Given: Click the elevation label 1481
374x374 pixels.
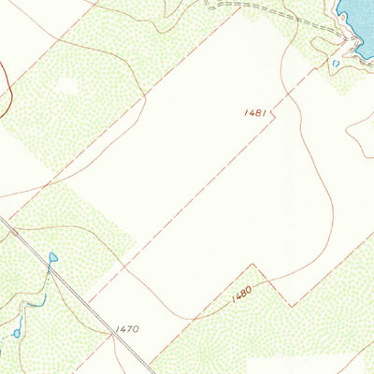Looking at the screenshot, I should coord(255,112).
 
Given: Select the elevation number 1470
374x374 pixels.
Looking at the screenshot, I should coord(128,329).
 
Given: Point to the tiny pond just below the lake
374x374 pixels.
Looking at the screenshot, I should coord(335,64).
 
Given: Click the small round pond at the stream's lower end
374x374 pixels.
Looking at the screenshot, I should coord(16,333).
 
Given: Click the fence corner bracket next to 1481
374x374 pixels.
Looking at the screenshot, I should coord(274,117).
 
